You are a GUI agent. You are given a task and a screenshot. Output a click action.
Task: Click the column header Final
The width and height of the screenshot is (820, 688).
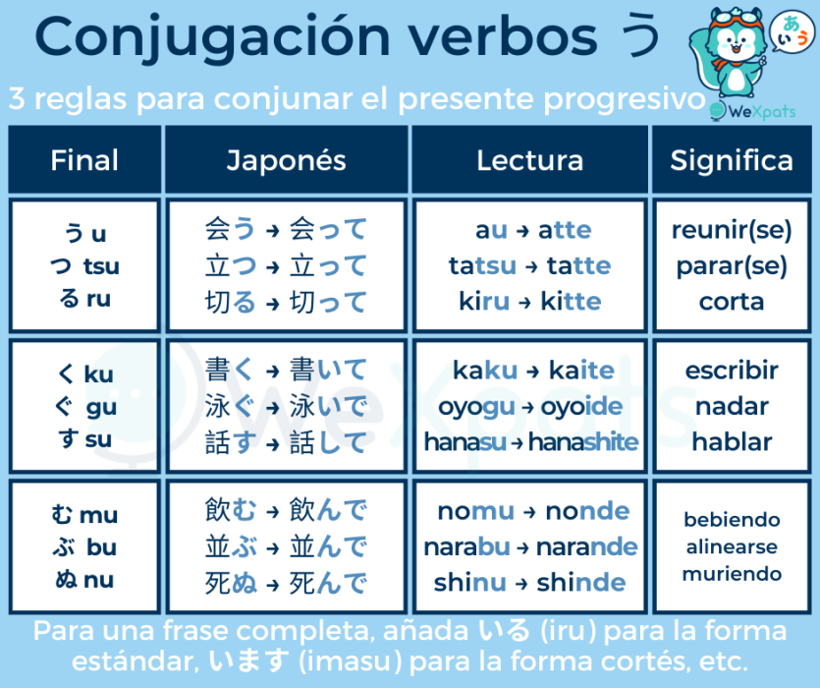84,160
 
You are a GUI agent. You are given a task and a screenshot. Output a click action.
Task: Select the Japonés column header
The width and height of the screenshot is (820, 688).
286,160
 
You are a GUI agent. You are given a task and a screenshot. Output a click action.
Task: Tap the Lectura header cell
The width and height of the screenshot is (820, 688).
529,160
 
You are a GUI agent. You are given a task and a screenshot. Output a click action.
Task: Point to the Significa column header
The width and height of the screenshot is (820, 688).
732,160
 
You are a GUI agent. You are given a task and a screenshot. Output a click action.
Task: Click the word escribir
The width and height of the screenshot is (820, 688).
732,371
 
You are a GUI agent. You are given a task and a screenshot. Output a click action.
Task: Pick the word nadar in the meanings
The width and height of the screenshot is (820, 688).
732,406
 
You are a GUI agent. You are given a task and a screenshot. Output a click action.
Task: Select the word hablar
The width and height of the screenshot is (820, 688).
732,442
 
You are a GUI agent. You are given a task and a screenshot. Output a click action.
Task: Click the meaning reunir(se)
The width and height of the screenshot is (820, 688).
732,230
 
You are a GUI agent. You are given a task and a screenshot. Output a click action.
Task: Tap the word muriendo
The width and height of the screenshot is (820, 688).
732,574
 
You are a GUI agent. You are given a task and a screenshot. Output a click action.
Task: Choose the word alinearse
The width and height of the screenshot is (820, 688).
732,547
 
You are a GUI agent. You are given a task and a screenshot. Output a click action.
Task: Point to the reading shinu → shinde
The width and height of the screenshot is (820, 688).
531,582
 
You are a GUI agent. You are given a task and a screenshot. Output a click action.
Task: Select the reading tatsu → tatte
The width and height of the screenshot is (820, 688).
529,265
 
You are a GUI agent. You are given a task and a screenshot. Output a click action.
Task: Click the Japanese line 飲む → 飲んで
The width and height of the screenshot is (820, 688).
286,511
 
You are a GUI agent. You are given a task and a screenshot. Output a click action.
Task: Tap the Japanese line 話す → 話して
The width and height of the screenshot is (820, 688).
286,442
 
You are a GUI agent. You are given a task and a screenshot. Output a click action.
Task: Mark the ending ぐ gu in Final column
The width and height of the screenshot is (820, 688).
84,407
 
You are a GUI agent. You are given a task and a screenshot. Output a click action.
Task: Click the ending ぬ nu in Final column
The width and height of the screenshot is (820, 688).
84,580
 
